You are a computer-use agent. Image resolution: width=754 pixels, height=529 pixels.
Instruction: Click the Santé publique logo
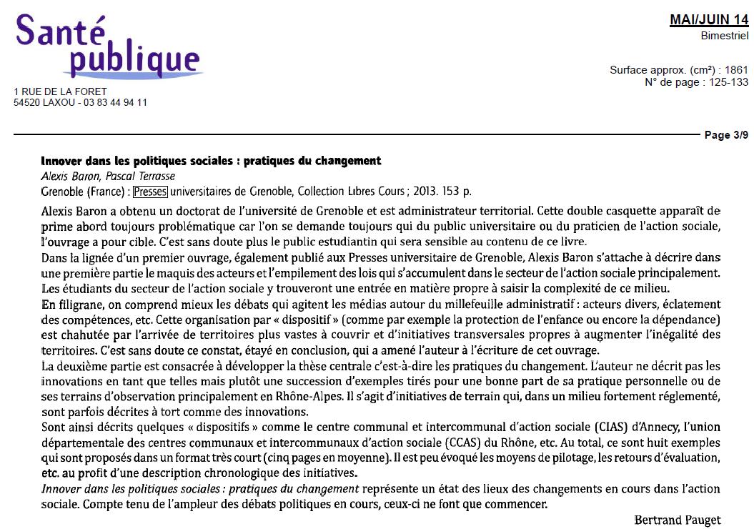(x=107, y=46)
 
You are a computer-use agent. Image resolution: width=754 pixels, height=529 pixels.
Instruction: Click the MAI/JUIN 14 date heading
(x=708, y=21)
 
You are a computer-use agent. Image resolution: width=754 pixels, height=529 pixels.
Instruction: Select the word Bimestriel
(x=725, y=36)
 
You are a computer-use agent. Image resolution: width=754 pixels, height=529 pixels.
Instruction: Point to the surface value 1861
(x=736, y=70)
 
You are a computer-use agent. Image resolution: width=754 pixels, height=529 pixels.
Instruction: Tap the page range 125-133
(x=728, y=81)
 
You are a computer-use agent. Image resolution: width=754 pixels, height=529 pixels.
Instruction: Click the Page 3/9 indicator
(x=727, y=134)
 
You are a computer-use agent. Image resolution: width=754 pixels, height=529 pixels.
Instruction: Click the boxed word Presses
(x=149, y=192)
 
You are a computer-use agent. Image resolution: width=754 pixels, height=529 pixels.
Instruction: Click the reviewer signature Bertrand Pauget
(x=678, y=520)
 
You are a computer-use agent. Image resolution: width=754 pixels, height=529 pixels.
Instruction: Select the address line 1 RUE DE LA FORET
(x=61, y=92)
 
